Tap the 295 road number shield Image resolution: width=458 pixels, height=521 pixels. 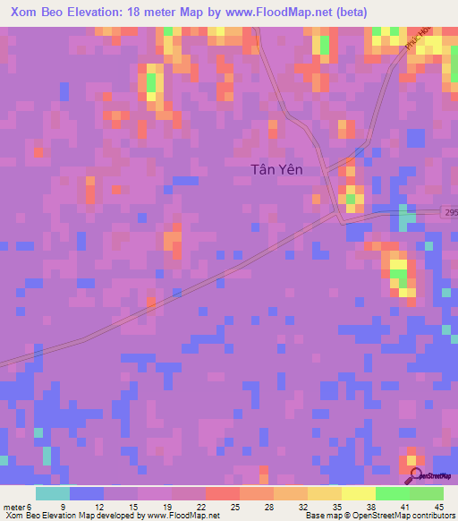tap(451, 212)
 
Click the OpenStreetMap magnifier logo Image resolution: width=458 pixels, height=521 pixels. tap(416, 477)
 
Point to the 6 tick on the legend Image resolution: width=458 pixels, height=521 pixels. tap(39, 507)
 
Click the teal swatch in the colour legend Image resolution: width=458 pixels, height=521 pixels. tap(52, 493)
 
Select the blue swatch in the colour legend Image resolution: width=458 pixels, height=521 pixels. tap(86, 493)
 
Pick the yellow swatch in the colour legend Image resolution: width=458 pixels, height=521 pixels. tap(358, 493)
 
